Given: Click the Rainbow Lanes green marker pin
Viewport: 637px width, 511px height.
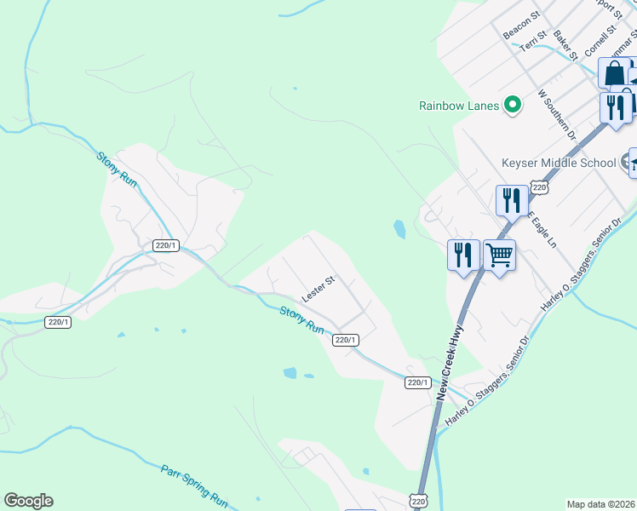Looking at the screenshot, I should (x=513, y=106).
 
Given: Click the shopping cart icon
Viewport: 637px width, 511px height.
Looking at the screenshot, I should (x=499, y=254).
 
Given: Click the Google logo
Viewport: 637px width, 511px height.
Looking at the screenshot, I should (x=28, y=501).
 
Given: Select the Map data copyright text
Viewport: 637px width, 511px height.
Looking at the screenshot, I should (x=601, y=504).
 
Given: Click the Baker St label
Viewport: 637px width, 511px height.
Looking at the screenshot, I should (x=565, y=43).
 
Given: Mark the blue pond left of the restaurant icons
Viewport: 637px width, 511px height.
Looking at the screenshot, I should (x=399, y=228).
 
